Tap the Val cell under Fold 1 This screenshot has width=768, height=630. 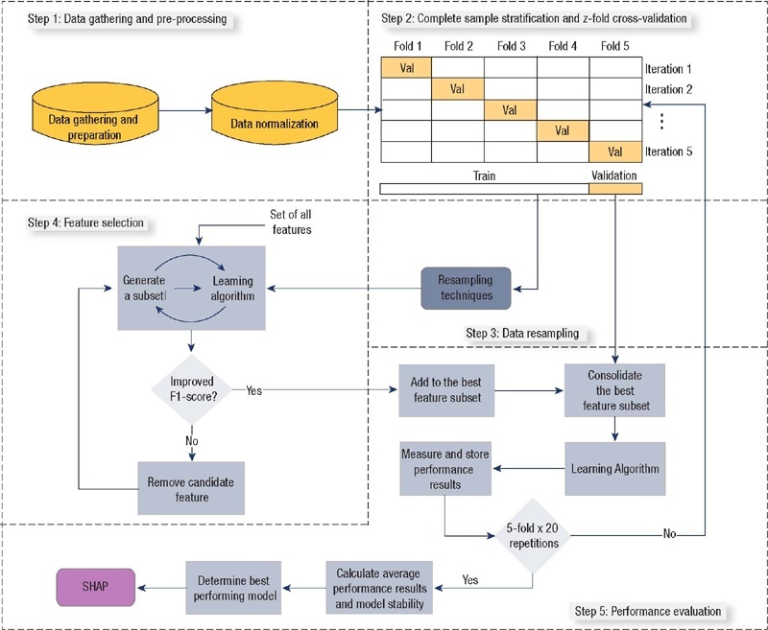pos(406,68)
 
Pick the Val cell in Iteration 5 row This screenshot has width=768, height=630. pos(614,152)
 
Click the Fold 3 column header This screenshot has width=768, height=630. pos(510,46)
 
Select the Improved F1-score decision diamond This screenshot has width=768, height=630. pos(193,390)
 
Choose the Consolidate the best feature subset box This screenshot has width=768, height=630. pos(614,389)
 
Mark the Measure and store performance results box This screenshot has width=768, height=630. pos(444,467)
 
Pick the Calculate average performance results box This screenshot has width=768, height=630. pos(380,588)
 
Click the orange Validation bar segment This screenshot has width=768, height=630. pos(614,188)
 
